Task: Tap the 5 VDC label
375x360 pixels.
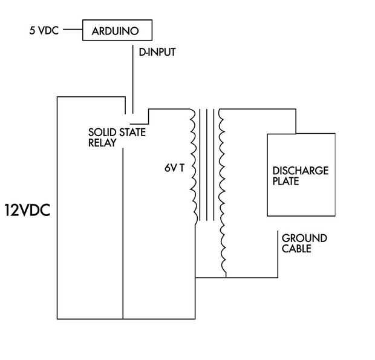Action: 44,30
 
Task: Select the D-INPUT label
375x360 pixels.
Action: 157,52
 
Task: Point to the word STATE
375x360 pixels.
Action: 132,133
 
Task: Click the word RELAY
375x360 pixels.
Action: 102,143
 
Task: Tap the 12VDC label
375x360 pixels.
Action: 27,211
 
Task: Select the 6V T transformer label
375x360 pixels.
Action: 175,168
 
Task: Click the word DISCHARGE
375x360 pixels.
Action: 301,171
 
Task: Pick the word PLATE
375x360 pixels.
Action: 286,181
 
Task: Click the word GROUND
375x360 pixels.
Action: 304,238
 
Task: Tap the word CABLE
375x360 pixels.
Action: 296,249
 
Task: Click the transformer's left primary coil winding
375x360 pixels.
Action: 194,168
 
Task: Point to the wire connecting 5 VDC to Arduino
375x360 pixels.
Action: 73,30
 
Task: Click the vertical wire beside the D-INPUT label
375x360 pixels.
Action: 133,79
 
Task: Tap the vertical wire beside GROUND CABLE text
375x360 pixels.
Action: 278,254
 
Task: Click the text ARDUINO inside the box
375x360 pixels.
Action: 116,31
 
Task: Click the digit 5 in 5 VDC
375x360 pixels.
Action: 32,30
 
